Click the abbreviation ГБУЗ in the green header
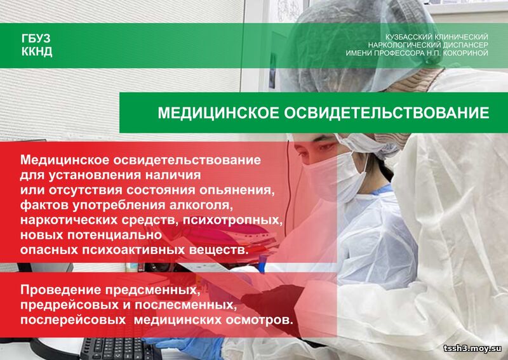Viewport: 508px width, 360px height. pos(36,39)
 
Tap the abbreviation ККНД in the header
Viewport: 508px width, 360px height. pos(37,51)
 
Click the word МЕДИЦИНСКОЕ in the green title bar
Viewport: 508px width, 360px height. pos(218,113)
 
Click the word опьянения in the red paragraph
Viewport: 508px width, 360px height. pos(237,190)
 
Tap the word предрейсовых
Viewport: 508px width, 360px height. pos(72,305)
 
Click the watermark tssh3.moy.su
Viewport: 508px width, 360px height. pos(472,349)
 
